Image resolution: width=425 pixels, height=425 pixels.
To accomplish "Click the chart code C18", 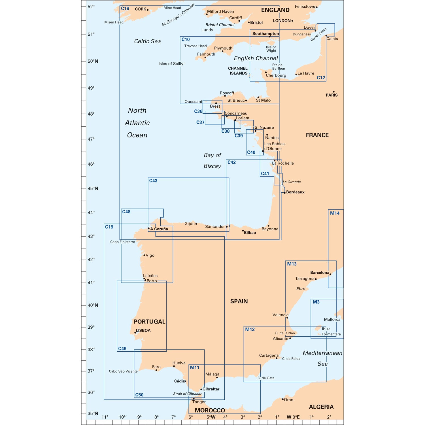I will pos(125,8).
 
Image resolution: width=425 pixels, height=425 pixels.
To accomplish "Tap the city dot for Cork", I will pos(148,10).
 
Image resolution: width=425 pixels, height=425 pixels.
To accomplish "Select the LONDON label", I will pos(282,21).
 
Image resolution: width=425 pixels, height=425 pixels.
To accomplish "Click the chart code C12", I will pos(321,78).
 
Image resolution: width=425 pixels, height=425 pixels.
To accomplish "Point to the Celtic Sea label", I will pos(147,41).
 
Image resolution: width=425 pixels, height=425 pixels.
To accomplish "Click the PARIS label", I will pos(331,95).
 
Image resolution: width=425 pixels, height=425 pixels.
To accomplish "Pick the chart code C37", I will pos(200,122).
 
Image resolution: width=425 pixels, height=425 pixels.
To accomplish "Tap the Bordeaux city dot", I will pos(285,193).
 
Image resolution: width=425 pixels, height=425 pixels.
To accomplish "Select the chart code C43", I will pos(153,181).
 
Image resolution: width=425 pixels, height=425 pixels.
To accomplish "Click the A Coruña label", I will pos(159,229).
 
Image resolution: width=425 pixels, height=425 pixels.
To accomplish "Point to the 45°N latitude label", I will pos(93,188).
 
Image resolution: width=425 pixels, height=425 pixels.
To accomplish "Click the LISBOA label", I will pos(143,330).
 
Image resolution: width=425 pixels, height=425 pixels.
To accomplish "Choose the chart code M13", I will pos(292,264).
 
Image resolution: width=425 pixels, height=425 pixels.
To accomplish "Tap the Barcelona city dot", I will pos(330,274).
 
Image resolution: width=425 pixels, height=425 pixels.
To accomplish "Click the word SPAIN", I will pos(239,301).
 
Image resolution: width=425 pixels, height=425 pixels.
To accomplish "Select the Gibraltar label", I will pos(211,389).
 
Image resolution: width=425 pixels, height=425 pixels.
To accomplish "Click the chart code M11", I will pos(195,367).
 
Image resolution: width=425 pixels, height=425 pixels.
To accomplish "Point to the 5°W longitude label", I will pos(211,417).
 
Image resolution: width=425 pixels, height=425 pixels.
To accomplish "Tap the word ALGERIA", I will pos(321,407).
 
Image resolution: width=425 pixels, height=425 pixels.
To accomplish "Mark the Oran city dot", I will pos(283,399).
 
